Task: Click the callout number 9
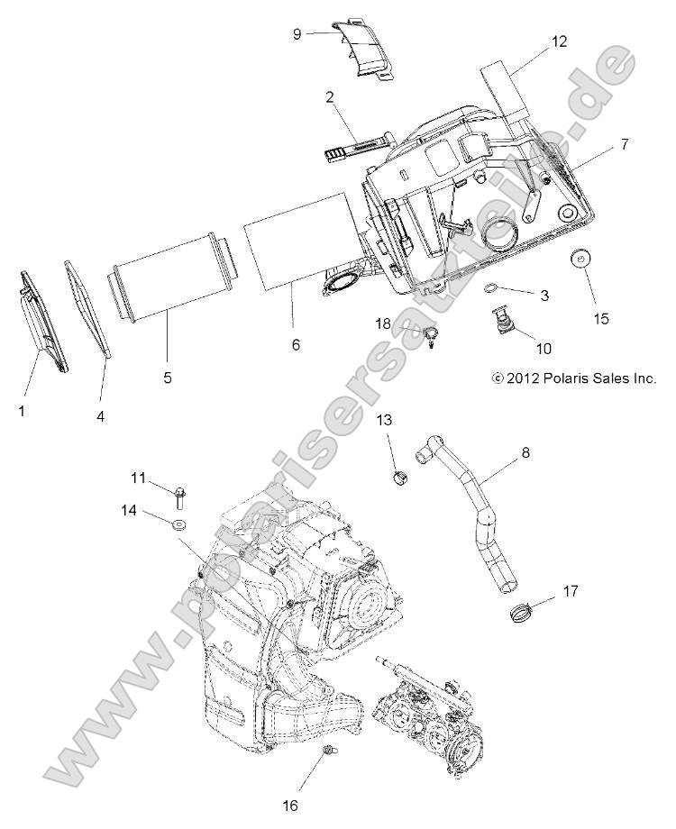(297, 33)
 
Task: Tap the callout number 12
(560, 41)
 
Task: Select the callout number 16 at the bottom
(289, 805)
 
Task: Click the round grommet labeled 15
(581, 260)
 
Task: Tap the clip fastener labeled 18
(432, 339)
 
